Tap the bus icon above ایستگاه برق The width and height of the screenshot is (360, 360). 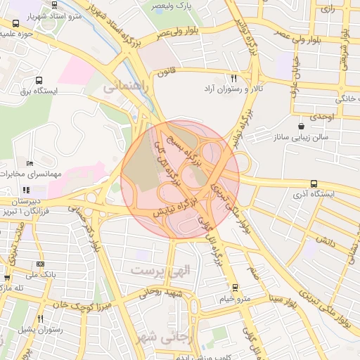click(x=38, y=81)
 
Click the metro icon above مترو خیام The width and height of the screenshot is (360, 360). click(x=235, y=288)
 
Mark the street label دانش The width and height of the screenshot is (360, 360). click(x=324, y=240)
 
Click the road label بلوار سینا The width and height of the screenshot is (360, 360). click(x=281, y=298)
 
